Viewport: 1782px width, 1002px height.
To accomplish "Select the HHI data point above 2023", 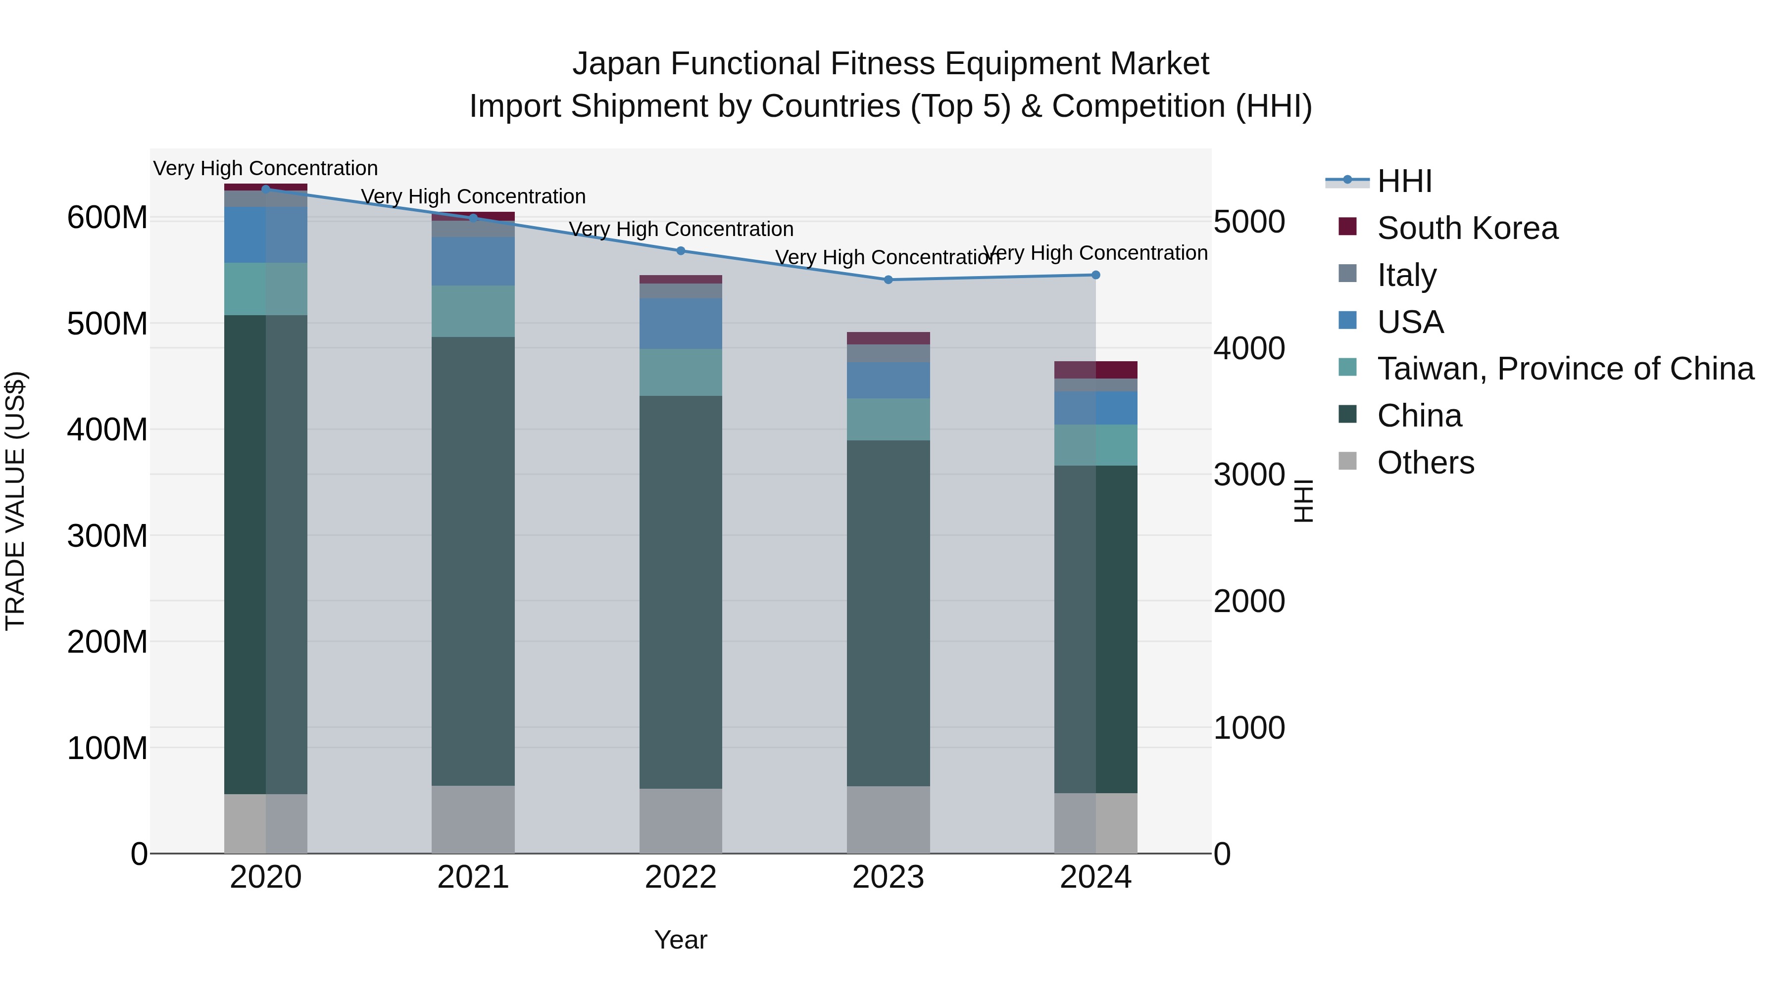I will [x=888, y=280].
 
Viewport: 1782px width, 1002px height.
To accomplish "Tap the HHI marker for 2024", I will [x=1096, y=275].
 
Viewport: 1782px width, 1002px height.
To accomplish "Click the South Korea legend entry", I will [x=1467, y=228].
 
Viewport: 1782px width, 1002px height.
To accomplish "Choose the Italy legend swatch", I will [x=1347, y=274].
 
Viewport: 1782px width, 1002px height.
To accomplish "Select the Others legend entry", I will [x=1425, y=463].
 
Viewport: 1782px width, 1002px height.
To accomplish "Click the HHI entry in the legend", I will [x=1404, y=181].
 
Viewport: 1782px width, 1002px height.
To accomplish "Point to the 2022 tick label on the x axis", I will [x=681, y=877].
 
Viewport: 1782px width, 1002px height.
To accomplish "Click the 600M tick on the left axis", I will [x=107, y=218].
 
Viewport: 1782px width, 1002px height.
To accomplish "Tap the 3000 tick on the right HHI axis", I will [x=1249, y=475].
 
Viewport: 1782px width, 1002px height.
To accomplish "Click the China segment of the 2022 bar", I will [x=681, y=591].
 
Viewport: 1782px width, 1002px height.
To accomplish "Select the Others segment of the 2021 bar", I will [x=473, y=819].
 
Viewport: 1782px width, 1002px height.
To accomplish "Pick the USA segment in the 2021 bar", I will [x=473, y=261].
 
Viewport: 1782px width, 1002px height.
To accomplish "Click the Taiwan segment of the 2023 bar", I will [x=888, y=419].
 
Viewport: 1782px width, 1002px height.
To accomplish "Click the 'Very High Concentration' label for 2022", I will [x=681, y=229].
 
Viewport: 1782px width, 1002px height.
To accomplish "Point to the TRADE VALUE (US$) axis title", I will [x=15, y=501].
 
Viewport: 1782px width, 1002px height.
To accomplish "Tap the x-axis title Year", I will [x=681, y=940].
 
